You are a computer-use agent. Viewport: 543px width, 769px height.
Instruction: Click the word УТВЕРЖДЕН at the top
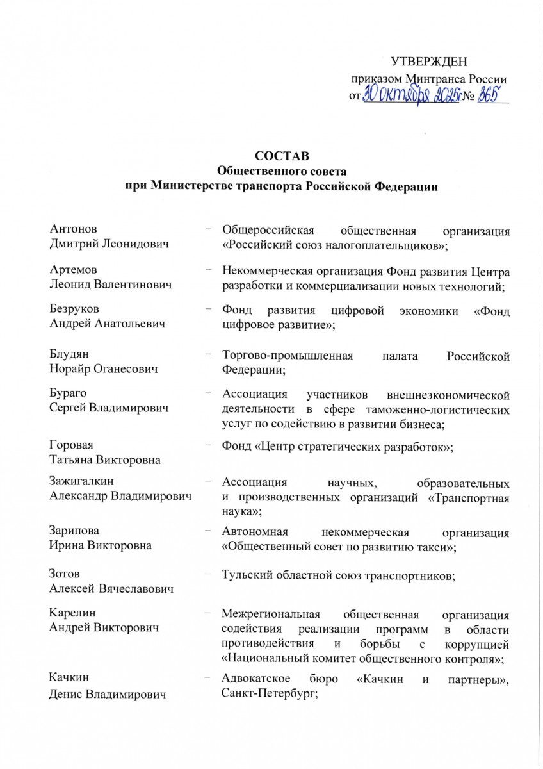click(429, 62)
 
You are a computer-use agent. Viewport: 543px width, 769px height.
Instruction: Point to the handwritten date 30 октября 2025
click(410, 96)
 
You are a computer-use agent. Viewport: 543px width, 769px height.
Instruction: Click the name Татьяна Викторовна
click(105, 460)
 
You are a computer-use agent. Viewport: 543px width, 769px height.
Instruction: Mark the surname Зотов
click(65, 574)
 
